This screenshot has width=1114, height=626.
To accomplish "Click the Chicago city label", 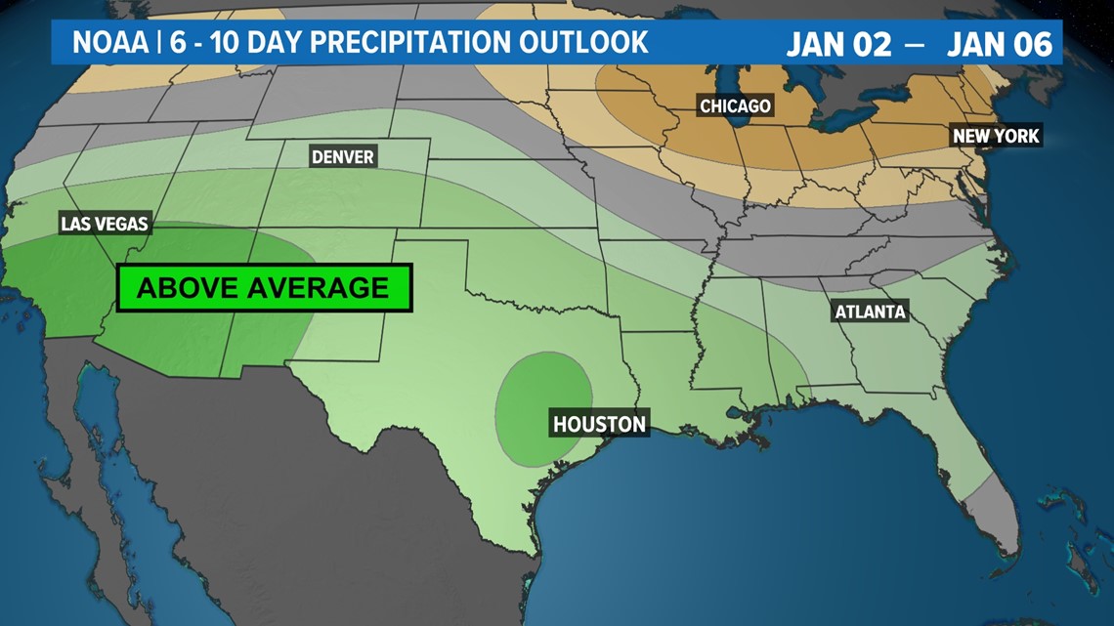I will point(735,105).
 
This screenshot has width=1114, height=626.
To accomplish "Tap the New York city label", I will point(996,136).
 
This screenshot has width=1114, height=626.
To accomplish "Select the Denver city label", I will point(342,156).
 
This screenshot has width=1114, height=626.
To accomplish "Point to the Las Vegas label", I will point(105,224).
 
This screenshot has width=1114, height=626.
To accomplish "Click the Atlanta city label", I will point(870,312).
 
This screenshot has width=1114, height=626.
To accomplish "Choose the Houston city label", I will point(599,424).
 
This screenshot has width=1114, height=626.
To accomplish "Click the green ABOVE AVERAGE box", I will point(264,288).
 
